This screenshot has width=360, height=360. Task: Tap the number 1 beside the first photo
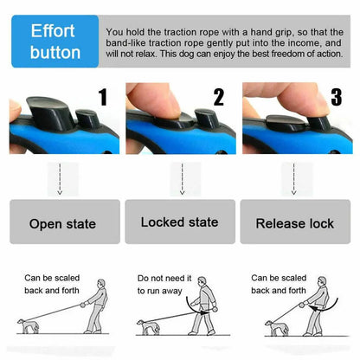click(x=103, y=96)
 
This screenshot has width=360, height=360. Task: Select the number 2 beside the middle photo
click(x=218, y=96)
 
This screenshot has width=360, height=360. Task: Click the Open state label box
click(x=62, y=222)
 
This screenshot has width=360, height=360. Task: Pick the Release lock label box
click(x=294, y=222)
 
